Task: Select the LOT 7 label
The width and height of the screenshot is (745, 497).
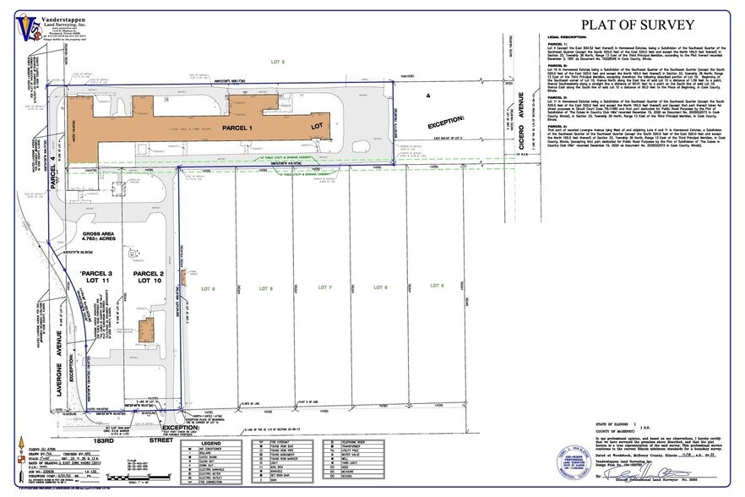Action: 325,288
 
